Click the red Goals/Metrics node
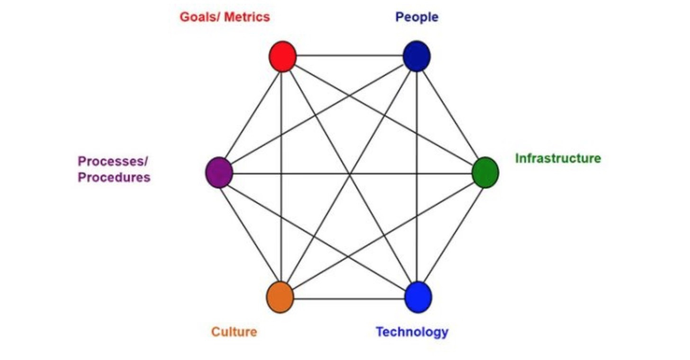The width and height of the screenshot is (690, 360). [282, 56]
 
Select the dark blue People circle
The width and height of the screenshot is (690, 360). [417, 56]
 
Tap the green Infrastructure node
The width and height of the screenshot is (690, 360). [485, 172]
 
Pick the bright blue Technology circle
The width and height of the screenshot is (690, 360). [418, 297]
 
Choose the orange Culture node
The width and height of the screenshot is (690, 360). [280, 297]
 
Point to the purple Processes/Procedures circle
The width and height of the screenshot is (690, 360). [219, 172]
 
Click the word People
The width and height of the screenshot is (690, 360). [417, 18]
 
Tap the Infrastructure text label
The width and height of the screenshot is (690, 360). [558, 158]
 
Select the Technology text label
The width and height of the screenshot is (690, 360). [412, 332]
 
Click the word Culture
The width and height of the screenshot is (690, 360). [234, 332]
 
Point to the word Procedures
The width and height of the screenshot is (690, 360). [114, 178]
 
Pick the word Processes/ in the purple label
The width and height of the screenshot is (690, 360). [113, 162]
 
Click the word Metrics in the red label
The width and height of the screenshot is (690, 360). [246, 18]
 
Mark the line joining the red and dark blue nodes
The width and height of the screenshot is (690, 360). [349, 56]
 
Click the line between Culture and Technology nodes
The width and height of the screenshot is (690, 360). [349, 298]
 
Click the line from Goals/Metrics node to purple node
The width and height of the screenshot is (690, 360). [251, 114]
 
